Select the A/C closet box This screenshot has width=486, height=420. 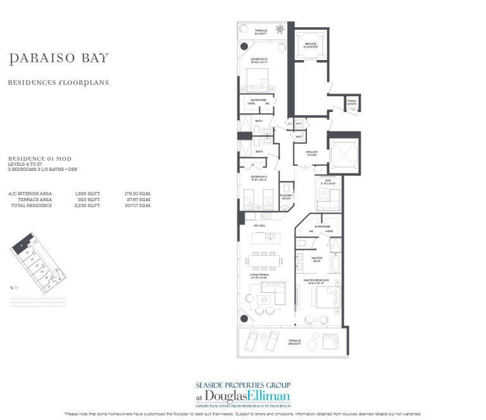[x=299, y=124]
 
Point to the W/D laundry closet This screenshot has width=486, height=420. [x=299, y=136]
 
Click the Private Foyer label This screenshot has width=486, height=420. [x=311, y=152]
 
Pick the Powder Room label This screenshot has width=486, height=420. [x=286, y=196]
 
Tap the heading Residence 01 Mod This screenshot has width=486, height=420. [x=36, y=159]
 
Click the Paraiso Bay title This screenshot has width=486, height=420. [x=59, y=59]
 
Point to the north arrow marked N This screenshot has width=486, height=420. [x=15, y=288]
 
